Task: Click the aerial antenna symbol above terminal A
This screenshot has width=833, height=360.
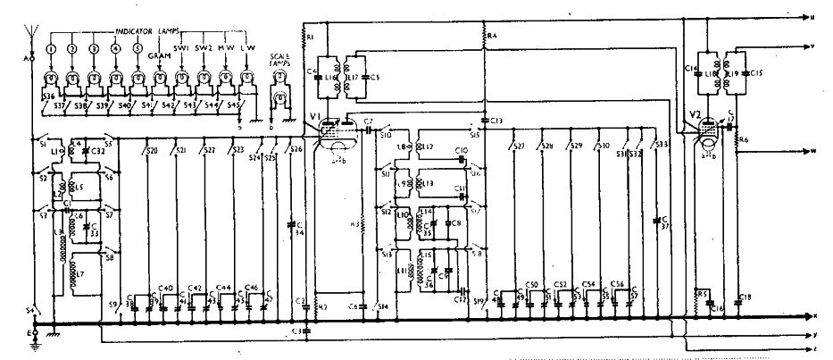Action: tap(33, 38)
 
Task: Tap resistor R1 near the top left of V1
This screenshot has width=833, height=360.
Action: tap(305, 37)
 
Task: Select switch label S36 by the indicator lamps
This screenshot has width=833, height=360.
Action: tap(48, 96)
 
